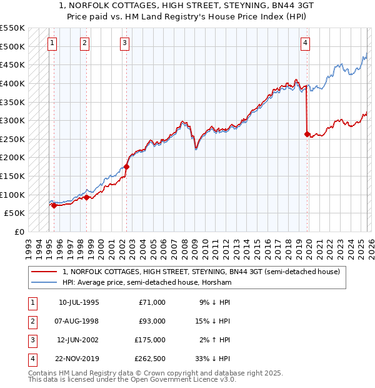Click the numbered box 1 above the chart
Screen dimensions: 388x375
coord(51,43)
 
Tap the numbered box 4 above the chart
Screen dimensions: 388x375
coord(305,43)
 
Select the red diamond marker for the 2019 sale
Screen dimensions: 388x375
coord(307,133)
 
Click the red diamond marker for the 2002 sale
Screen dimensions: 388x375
coord(126,166)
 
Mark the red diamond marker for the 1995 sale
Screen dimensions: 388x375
coord(54,205)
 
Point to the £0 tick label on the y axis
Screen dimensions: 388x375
coord(19,232)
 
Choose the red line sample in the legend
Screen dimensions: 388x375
coord(44,272)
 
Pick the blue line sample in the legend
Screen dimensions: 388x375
coord(44,283)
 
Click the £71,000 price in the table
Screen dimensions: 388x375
coord(151,302)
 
